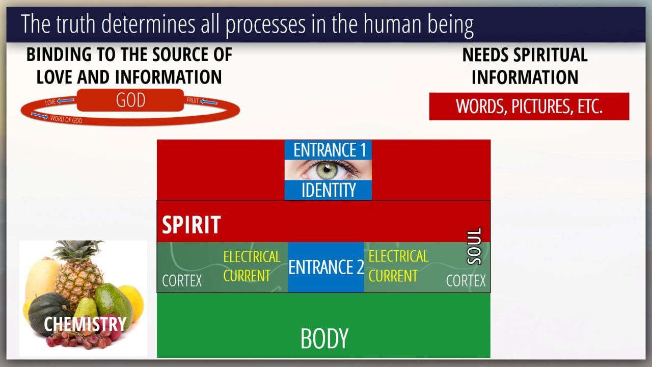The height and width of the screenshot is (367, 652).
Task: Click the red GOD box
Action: pos(130,100)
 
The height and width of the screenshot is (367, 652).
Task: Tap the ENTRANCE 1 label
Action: pos(330,150)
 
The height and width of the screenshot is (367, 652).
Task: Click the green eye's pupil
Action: pos(327,168)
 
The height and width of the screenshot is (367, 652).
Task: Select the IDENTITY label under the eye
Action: pos(329,190)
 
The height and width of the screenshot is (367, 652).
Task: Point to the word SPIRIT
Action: pos(191,225)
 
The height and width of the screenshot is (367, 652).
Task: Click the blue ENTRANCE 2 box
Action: pos(326,267)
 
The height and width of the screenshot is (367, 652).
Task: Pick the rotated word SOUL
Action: pos(474,246)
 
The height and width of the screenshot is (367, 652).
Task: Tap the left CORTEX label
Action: pos(182,281)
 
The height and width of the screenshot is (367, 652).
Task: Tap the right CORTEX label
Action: pos(466,281)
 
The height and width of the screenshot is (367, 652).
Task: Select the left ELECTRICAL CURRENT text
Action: pos(252,266)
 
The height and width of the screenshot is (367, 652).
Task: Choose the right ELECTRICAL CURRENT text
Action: pos(398,266)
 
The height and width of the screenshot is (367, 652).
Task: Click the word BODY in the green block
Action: pos(324,338)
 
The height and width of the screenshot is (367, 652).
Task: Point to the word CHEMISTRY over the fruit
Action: pos(85,324)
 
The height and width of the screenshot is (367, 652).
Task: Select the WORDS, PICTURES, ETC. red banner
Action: pos(529,107)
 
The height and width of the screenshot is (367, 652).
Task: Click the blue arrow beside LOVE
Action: pos(66,101)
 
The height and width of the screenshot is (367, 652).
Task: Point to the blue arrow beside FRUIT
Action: pos(209,101)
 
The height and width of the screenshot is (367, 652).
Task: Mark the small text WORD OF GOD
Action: pos(66,119)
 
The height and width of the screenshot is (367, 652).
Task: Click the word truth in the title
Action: pos(76,24)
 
